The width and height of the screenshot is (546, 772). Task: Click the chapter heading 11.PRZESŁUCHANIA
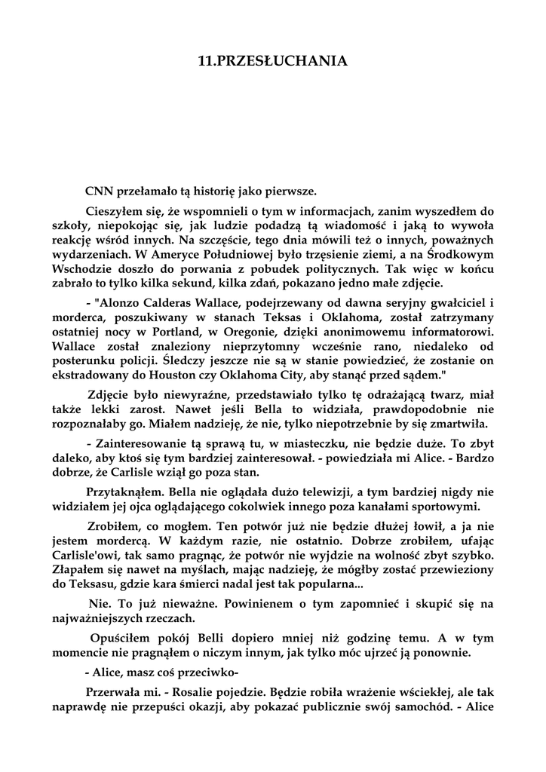click(272, 62)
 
